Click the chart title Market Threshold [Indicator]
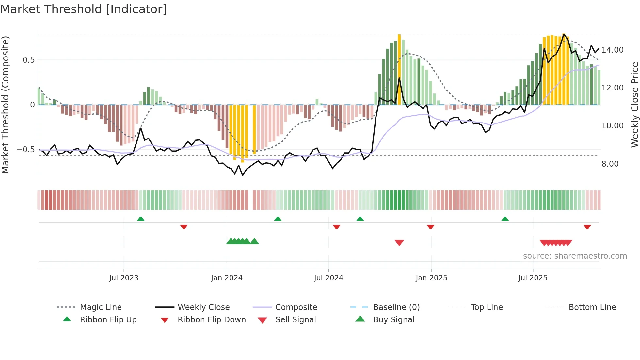84,9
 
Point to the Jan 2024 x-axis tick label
227,278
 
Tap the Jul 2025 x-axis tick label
533,278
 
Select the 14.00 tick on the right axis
612,50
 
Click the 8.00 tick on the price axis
610,164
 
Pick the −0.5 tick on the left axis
25,150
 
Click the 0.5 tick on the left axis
28,60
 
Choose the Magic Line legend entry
101,307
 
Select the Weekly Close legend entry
203,307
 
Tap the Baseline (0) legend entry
396,307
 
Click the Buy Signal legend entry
393,320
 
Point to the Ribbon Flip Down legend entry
211,320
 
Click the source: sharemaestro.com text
575,256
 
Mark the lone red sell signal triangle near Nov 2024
399,243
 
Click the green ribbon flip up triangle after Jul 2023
141,219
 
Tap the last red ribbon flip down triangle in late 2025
587,227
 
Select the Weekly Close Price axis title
634,105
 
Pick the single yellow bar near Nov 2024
399,69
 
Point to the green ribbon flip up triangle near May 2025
505,219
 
